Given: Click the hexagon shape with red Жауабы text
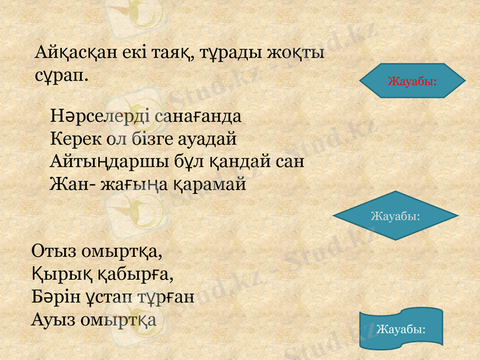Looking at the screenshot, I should pos(412,80).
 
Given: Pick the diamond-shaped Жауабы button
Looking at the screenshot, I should pos(395,215).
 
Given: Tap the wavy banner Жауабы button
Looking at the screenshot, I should pos(401,329).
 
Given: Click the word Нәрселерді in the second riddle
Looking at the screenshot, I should pos(99,115).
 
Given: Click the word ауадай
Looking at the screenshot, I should pos(208,139).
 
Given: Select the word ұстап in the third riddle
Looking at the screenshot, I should pos(112,297).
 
